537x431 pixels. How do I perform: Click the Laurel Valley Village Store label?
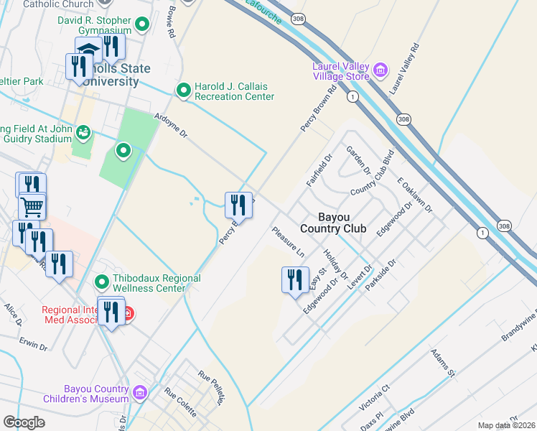(340, 72)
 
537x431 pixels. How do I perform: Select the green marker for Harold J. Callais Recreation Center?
(184, 91)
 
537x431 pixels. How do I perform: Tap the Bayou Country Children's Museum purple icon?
(139, 393)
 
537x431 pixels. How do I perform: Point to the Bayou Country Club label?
(333, 223)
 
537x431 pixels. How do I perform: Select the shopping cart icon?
(32, 207)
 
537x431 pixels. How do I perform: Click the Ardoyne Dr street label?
(171, 124)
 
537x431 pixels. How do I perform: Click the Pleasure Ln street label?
(288, 242)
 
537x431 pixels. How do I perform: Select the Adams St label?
(442, 362)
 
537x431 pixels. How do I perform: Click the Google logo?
(24, 422)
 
